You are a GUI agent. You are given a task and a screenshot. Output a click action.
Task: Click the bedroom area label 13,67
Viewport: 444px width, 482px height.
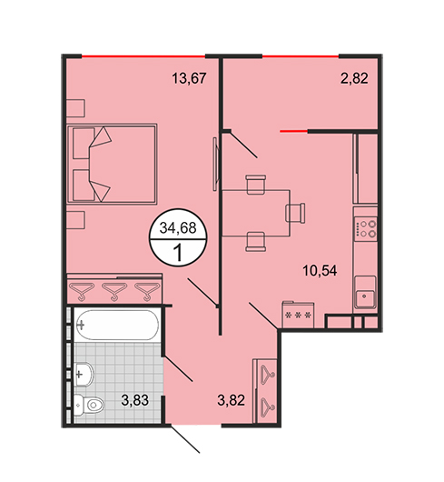[x=189, y=78]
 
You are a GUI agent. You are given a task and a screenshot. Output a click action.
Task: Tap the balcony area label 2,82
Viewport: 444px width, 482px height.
[x=354, y=78]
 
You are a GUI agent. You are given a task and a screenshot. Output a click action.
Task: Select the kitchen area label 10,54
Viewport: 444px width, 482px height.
[x=320, y=271]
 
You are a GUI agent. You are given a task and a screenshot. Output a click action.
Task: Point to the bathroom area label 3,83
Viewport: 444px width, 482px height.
[x=135, y=400]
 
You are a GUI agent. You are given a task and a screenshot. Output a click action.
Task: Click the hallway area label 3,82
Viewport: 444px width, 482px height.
[x=231, y=400]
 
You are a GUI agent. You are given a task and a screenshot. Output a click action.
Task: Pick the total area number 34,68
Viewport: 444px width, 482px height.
[x=178, y=228]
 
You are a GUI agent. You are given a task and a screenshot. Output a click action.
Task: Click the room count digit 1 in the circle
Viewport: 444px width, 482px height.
[x=178, y=253]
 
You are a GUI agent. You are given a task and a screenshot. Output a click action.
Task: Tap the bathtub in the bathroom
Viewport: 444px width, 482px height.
[x=116, y=325]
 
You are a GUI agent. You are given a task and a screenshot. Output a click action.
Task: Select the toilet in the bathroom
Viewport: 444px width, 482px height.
[x=89, y=405]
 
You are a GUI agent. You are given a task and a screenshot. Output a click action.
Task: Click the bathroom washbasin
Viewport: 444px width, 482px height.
[x=84, y=374]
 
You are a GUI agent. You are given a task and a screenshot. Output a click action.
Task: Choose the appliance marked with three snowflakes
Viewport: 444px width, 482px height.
[x=298, y=315]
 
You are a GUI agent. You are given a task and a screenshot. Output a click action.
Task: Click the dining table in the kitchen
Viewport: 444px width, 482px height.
[x=256, y=214]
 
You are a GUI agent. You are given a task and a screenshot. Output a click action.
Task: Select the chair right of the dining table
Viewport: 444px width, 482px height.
[x=295, y=213]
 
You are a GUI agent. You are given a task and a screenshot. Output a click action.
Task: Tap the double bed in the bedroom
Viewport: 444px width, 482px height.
[x=112, y=164]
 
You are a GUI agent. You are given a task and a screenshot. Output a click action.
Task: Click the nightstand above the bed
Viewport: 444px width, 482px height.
[x=75, y=108]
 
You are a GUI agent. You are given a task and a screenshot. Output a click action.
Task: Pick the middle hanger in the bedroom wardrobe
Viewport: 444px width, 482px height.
[x=114, y=291]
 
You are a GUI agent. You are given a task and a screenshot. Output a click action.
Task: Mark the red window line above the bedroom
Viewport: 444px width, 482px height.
[x=143, y=56]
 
